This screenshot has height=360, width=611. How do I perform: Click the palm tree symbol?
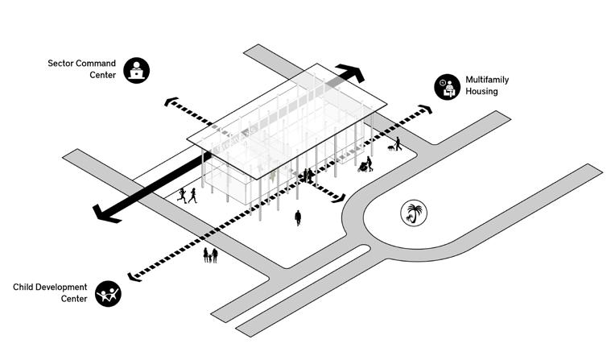click(414, 213)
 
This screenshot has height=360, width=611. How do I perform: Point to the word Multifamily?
click(487, 80)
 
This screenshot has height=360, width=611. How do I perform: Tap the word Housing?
click(481, 92)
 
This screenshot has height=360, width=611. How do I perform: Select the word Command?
click(97, 63)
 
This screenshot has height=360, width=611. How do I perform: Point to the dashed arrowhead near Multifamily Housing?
click(425, 109)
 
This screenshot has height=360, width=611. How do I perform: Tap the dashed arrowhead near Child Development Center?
click(133, 276)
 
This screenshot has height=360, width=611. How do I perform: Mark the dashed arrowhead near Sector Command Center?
click(169, 102)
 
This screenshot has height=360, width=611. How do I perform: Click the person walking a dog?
click(398, 143)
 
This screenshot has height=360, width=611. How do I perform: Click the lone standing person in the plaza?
click(298, 217)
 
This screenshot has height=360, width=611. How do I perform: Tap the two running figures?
click(188, 195)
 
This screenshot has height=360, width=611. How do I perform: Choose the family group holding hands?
click(210, 255)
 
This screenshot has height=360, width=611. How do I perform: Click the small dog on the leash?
click(390, 147)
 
